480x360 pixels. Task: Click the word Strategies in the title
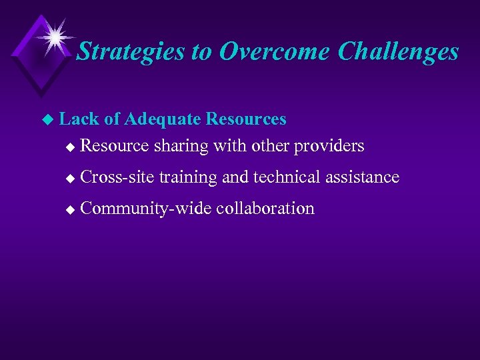131,52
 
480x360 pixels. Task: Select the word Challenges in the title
398,52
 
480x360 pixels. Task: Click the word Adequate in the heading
163,119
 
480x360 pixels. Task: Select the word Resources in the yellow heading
246,119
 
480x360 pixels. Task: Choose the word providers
331,145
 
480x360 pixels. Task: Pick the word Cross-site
117,177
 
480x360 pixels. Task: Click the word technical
287,177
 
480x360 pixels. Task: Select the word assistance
363,177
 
